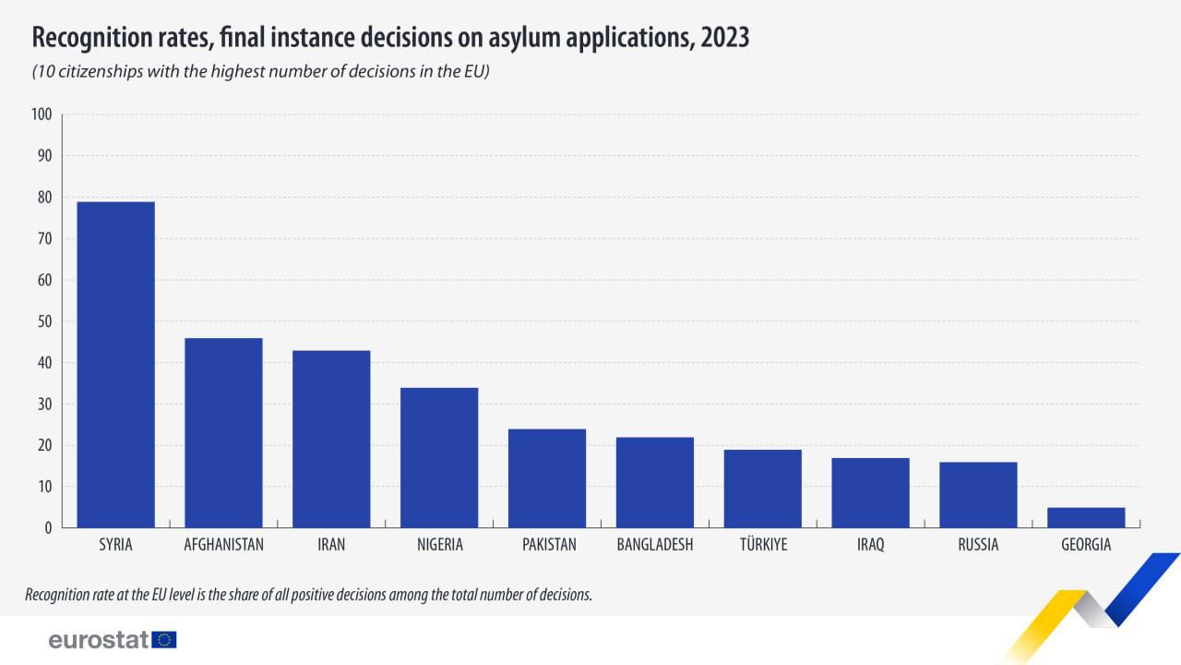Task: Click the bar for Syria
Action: (x=115, y=365)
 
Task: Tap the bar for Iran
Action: (x=331, y=439)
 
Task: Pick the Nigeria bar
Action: (x=439, y=457)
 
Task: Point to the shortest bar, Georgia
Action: (x=1086, y=517)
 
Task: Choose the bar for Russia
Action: (x=978, y=494)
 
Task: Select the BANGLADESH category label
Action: (x=654, y=545)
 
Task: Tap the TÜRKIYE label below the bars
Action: (x=762, y=545)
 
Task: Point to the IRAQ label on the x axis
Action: (x=870, y=545)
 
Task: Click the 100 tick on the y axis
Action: (x=42, y=115)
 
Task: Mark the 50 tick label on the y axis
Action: (x=44, y=321)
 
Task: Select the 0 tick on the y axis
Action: (x=48, y=528)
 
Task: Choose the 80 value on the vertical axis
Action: (x=44, y=198)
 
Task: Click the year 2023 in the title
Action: (x=724, y=38)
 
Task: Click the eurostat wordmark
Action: (x=99, y=639)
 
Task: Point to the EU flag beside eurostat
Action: (x=165, y=639)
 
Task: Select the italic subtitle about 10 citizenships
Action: (x=260, y=72)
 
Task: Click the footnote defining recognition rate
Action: (x=308, y=595)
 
